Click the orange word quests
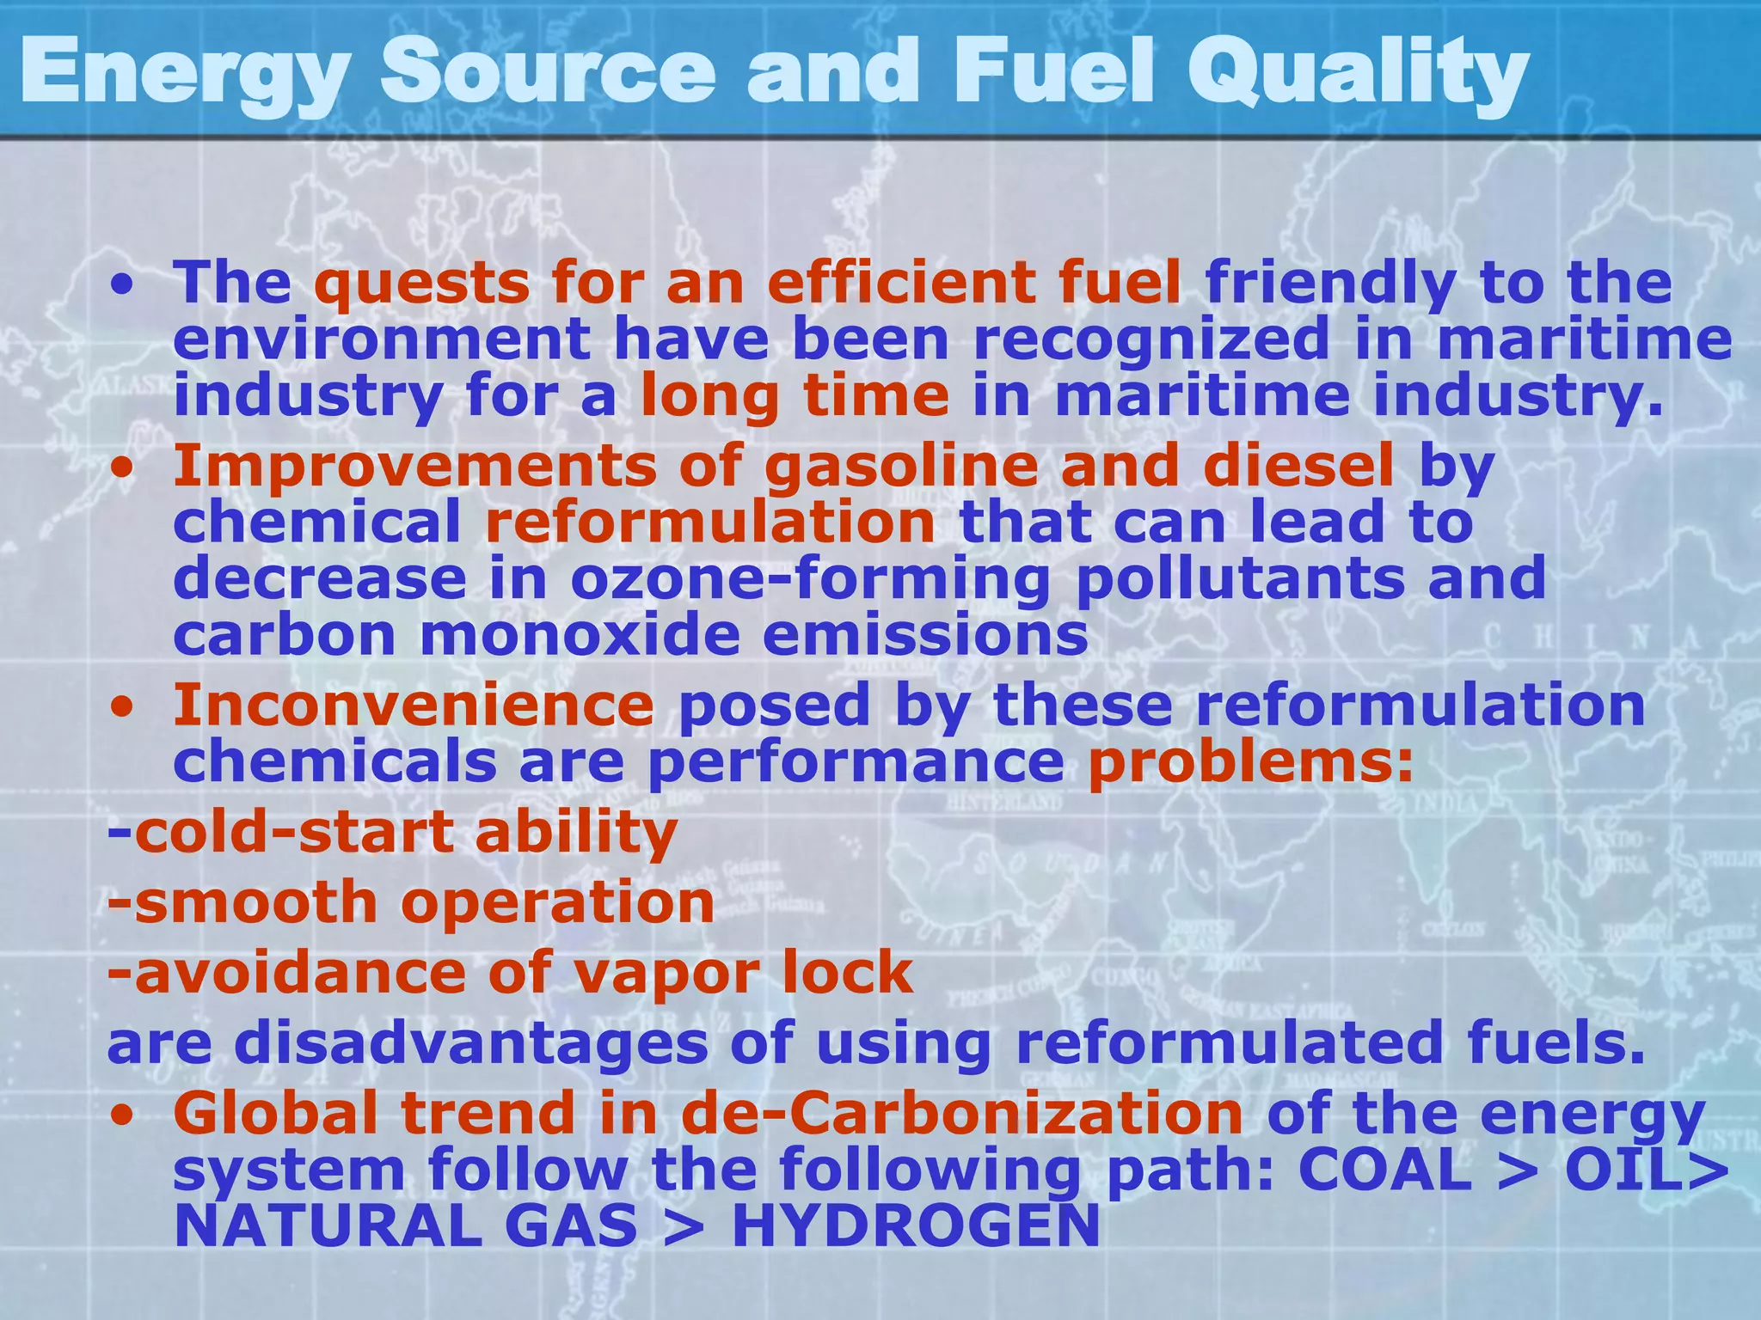click(x=421, y=283)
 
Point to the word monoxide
click(x=580, y=635)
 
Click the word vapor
click(x=666, y=975)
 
